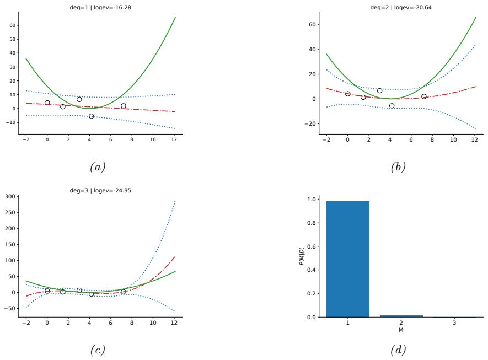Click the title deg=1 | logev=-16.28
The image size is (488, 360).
[x=100, y=7]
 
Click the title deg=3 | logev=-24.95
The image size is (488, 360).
[x=100, y=190]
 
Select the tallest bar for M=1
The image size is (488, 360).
[x=348, y=259]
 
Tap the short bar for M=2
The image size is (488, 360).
[x=401, y=316]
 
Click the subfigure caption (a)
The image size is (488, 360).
[x=100, y=167]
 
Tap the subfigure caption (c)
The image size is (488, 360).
[x=100, y=350]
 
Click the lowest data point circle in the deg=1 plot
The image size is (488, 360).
[x=92, y=116]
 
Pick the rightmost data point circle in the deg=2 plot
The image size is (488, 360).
[x=424, y=96]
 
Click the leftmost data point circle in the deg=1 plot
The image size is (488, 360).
[x=47, y=103]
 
